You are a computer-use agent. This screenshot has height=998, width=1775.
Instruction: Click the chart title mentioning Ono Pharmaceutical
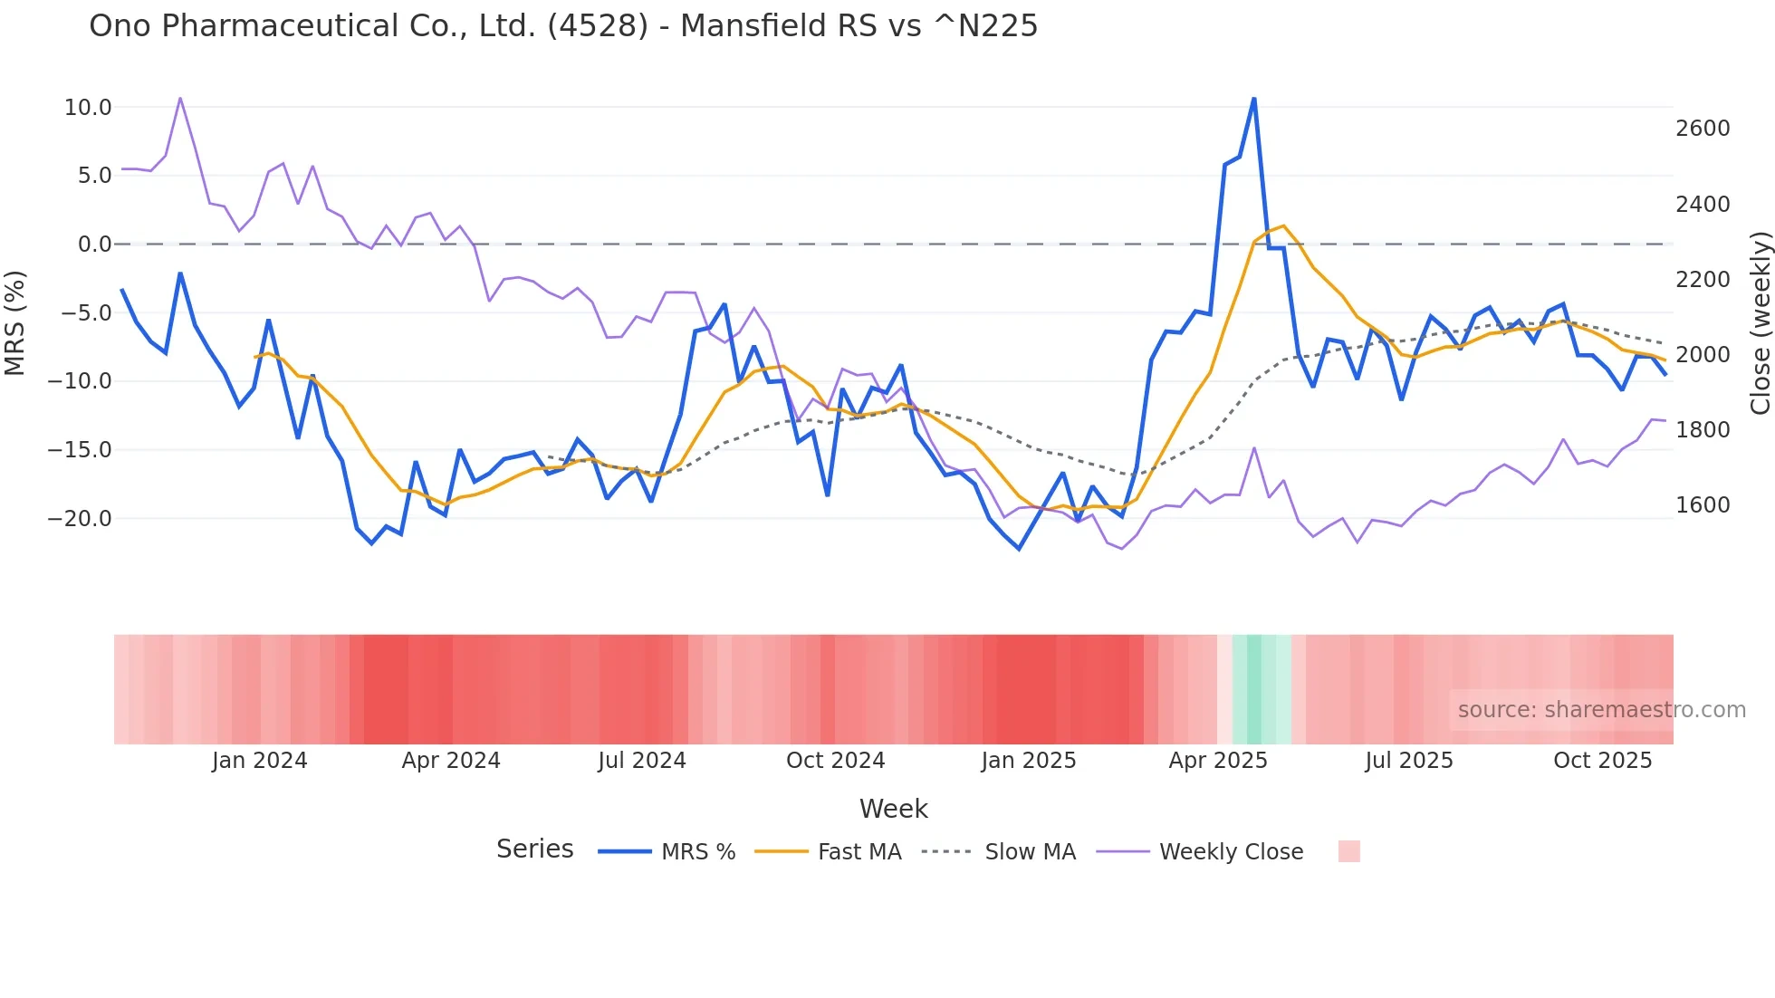click(x=562, y=26)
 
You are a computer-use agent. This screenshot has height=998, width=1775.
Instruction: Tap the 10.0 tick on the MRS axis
click(x=88, y=108)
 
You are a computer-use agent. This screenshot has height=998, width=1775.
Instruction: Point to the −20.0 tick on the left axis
click(x=80, y=519)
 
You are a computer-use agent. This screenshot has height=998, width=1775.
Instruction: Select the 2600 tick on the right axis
click(x=1703, y=129)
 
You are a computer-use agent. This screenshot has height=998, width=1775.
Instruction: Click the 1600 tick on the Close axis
click(x=1703, y=505)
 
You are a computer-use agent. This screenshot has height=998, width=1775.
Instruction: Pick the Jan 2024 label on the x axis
click(x=259, y=761)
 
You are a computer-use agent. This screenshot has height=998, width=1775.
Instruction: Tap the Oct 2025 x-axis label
click(x=1602, y=761)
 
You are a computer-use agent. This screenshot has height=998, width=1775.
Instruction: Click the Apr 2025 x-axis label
click(x=1217, y=761)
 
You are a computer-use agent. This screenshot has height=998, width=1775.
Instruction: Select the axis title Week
click(x=893, y=809)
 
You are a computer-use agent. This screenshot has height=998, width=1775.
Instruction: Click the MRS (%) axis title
click(x=15, y=322)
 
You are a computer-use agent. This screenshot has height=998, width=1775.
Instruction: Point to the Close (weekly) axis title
click(x=1760, y=322)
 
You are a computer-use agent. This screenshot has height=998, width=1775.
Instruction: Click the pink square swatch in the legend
click(x=1348, y=851)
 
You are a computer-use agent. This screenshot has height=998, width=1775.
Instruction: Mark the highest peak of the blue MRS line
click(x=1253, y=98)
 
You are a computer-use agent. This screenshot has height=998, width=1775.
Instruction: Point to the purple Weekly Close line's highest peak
click(x=180, y=98)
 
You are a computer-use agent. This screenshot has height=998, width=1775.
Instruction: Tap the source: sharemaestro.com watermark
click(x=1601, y=710)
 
